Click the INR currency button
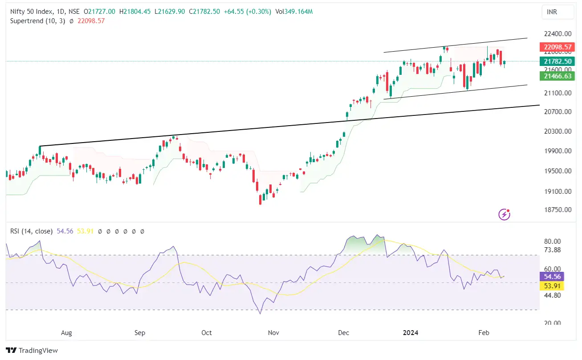tap(552, 12)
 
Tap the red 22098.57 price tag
tap(555, 47)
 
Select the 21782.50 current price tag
tap(555, 61)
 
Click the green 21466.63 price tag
tap(555, 76)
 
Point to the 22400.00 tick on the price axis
tap(555, 33)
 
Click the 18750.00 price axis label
tap(555, 209)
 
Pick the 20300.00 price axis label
tap(555, 131)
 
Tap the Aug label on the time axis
tap(66, 333)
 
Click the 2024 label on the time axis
tap(410, 333)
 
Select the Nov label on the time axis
tap(273, 333)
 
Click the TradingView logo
tap(32, 351)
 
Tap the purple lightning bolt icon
tap(504, 214)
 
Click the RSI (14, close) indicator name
tap(32, 231)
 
